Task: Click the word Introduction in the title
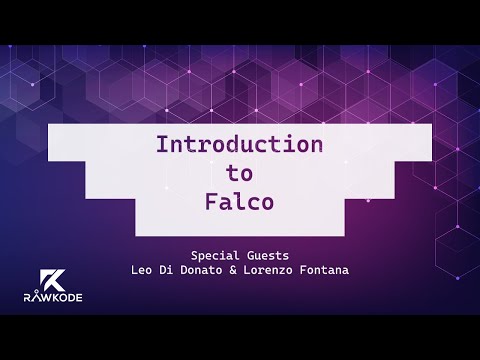[x=239, y=144]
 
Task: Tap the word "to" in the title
[x=239, y=171]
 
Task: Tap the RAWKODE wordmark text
[x=48, y=296]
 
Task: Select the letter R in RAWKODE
[x=26, y=296]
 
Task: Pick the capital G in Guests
[x=248, y=254]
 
